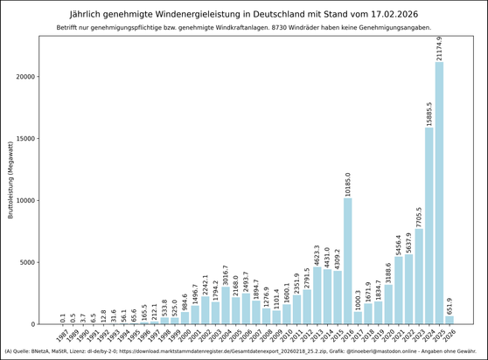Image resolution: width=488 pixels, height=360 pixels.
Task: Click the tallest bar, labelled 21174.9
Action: (439, 192)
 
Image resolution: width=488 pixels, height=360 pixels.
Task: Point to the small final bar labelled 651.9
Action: (450, 320)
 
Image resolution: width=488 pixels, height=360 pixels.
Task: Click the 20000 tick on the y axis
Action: (34, 76)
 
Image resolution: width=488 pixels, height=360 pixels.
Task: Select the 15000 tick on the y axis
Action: (34, 138)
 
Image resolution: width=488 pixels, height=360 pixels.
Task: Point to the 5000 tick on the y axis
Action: (37, 262)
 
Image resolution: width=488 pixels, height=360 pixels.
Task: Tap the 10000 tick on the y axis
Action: (34, 200)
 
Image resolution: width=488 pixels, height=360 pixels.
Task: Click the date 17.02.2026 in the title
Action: (393, 14)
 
